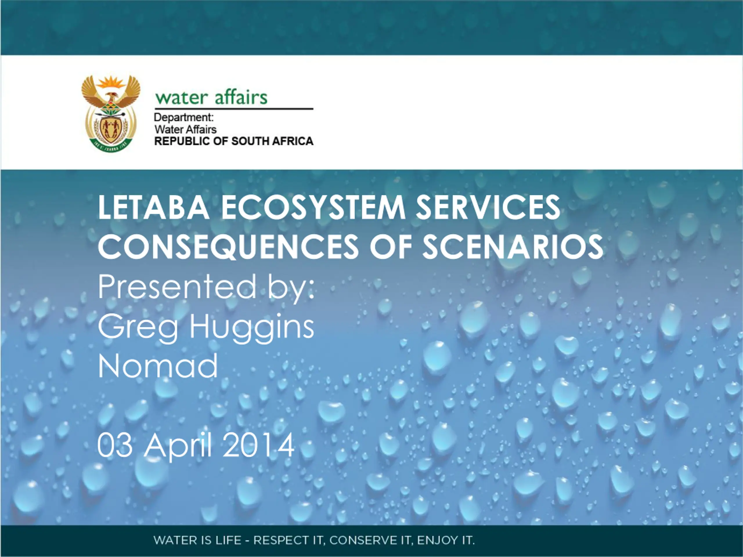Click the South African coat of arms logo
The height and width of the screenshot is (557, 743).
coord(111,113)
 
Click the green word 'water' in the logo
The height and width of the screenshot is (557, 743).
coord(181,98)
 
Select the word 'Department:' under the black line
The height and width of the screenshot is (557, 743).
coord(184,117)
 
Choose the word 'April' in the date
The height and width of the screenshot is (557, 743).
coord(178,447)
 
